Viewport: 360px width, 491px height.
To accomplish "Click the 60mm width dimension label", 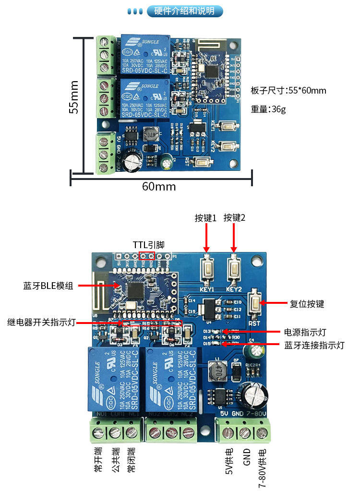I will coord(159,186).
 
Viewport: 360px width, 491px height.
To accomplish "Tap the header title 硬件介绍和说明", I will coord(184,11).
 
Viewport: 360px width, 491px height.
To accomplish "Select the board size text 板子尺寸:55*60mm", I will coord(288,90).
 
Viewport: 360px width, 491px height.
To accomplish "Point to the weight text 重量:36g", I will coord(268,109).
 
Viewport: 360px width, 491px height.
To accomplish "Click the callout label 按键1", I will coord(206,218).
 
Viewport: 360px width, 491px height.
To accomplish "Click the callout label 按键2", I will coord(234,218).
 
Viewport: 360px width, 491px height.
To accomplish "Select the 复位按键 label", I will coord(307,304).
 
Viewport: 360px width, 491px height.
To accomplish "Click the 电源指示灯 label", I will coord(306,332).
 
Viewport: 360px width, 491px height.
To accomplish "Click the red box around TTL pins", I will coord(147,256).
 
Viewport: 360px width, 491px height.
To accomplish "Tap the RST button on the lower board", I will coord(255,303).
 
